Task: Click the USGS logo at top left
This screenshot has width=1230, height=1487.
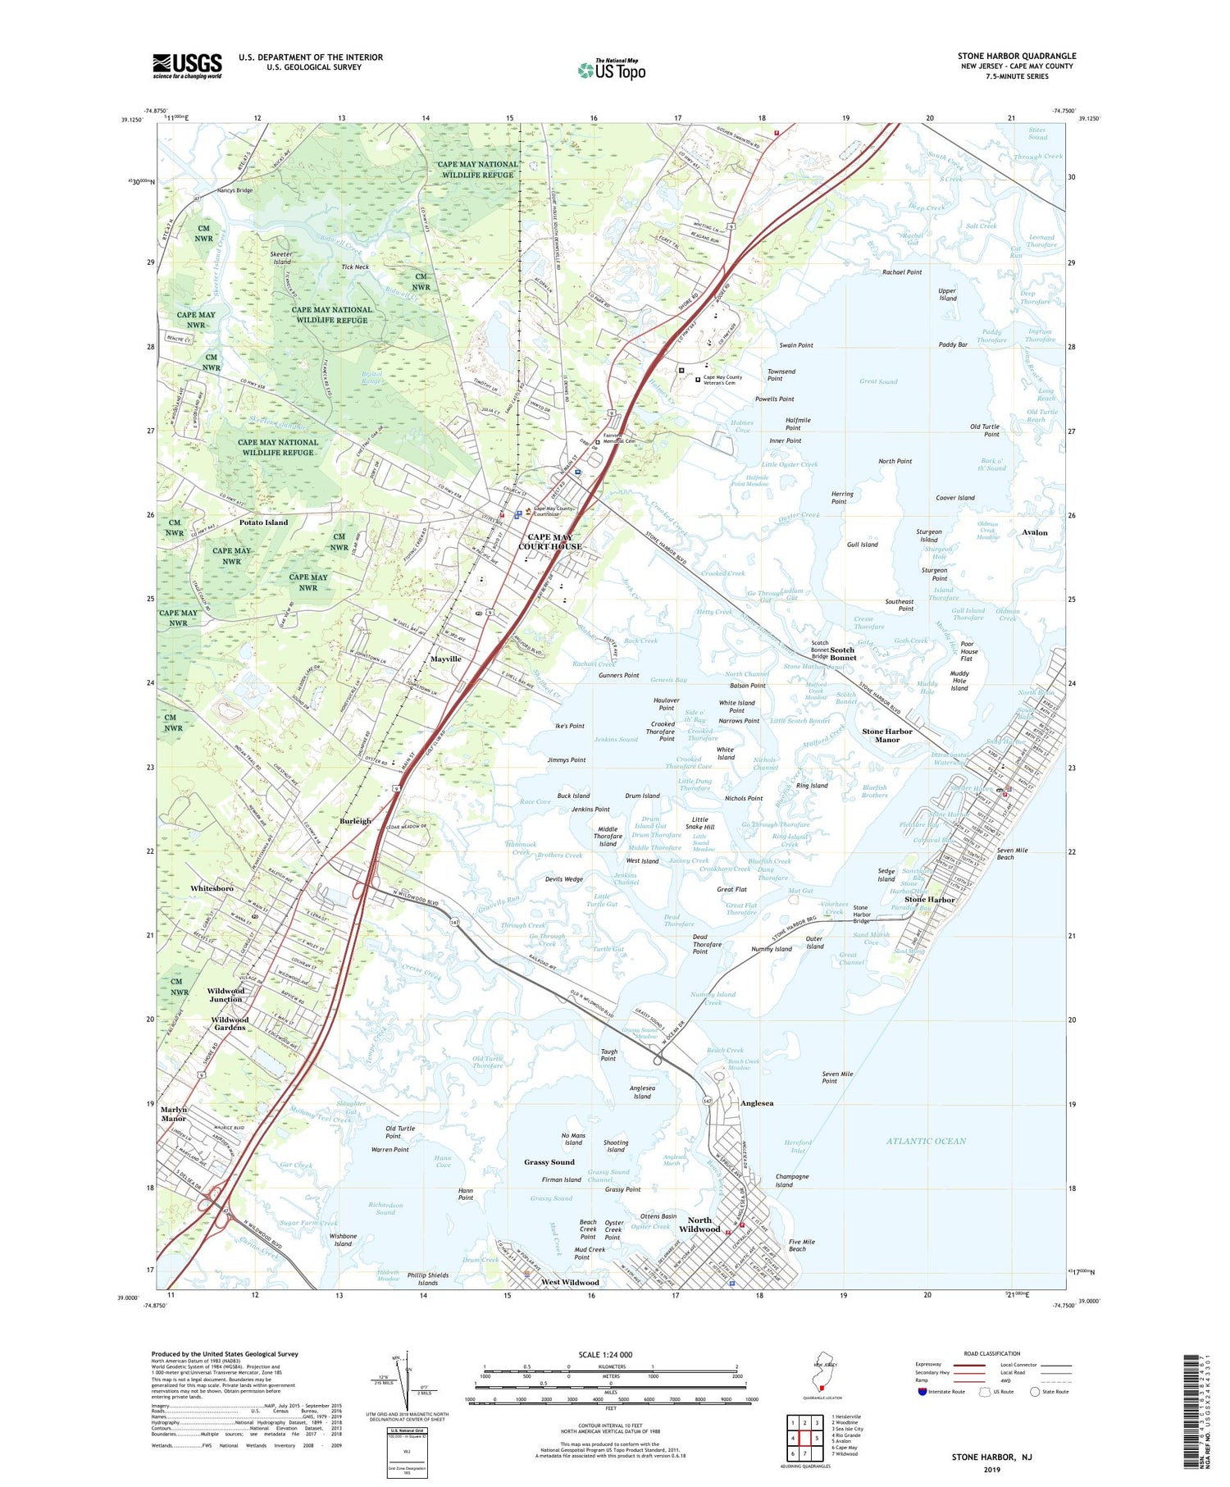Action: tap(187, 66)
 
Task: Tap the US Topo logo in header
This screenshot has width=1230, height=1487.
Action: tap(612, 70)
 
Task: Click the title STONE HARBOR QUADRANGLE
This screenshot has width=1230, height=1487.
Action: tap(1016, 56)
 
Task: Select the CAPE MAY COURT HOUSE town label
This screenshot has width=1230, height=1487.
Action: tap(549, 541)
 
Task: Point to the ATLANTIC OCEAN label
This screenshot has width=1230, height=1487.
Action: tap(926, 1141)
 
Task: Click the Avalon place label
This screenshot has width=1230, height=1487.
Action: tap(1034, 532)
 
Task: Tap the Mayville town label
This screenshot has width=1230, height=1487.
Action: tap(445, 659)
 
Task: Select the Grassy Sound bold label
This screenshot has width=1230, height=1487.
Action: tap(549, 1162)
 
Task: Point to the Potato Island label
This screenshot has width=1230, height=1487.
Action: tap(263, 522)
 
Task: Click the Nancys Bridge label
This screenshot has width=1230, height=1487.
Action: tap(235, 190)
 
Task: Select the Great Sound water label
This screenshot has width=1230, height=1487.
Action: tap(877, 381)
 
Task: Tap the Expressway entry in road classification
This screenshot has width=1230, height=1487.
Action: tap(931, 1365)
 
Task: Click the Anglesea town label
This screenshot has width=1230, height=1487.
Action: tap(756, 1103)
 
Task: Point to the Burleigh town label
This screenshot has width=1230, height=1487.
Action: tap(355, 820)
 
